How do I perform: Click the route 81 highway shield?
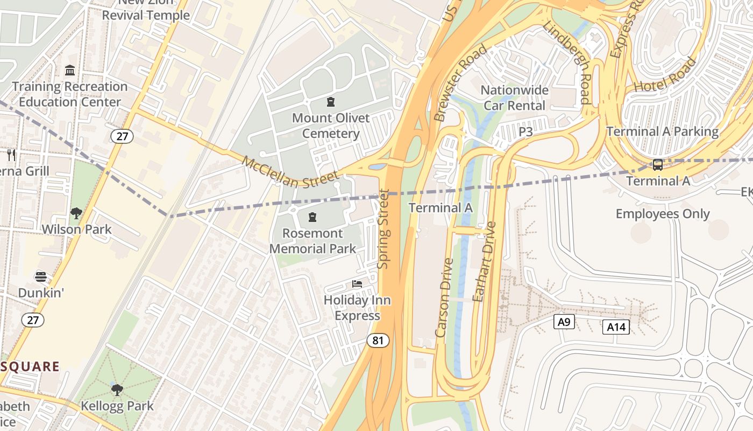pos(378,340)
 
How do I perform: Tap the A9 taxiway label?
pos(564,322)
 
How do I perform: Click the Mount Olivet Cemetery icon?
pos(331,102)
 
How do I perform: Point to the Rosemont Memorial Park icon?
pos(312,218)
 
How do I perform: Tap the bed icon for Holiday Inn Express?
pos(357,284)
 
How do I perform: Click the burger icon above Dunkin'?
pos(41,277)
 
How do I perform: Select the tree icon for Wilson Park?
pos(76,213)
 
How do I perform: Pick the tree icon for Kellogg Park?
pos(117,390)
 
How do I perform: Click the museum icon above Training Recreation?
pos(69,71)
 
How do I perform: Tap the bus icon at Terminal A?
pos(657,165)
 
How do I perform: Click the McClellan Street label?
pos(290,172)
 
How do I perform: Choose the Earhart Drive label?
pos(484,262)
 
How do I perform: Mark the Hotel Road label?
pos(665,75)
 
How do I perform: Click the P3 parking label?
pos(525,131)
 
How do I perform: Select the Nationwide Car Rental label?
pos(515,98)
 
